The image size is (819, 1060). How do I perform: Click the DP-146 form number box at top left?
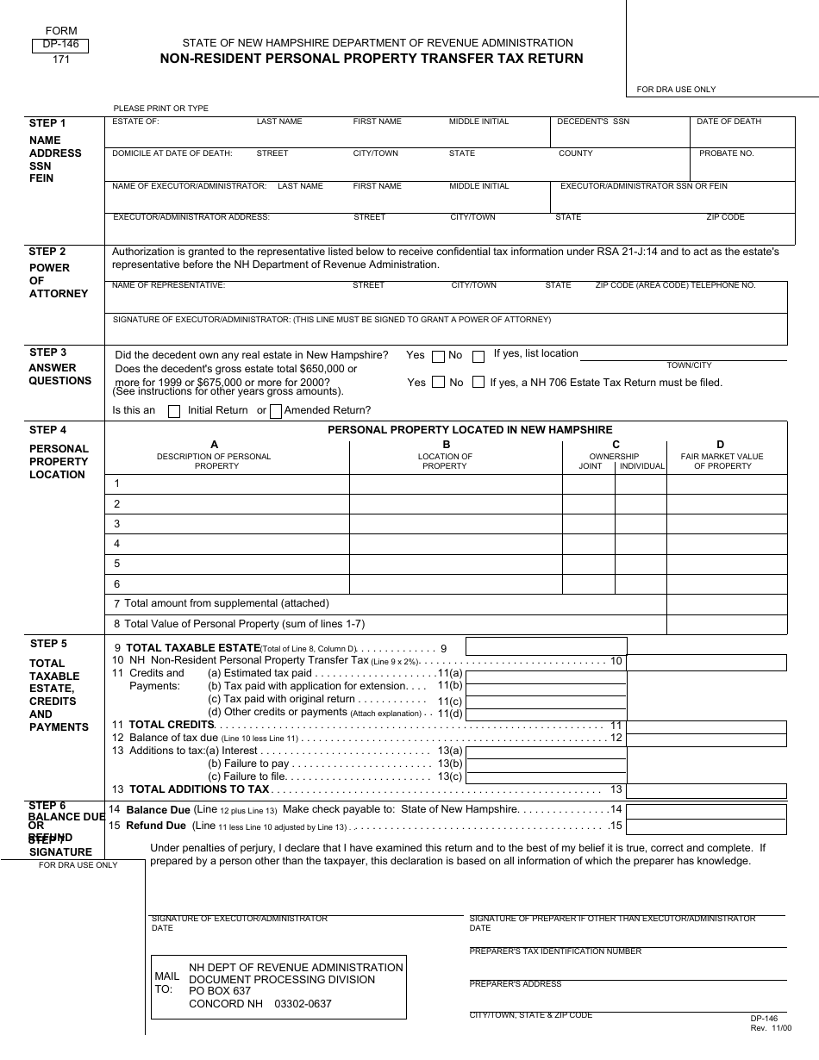60,46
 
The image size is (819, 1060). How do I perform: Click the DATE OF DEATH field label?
728,122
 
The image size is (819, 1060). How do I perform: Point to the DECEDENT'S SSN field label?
593,122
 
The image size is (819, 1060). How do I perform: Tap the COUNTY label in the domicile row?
575,153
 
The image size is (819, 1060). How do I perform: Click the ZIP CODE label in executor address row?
725,217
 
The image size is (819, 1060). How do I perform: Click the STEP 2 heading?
47,252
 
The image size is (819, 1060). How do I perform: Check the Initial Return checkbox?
174,411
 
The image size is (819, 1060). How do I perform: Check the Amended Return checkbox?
276,411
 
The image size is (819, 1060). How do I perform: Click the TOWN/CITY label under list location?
689,365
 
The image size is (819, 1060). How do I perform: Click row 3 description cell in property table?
227,524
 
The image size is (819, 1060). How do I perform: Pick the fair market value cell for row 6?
727,584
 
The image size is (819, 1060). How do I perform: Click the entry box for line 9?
546,646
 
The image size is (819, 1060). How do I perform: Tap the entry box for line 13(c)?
546,776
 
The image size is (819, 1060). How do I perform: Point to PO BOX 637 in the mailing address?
220,991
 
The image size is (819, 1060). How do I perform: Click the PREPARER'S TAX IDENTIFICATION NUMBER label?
555,951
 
